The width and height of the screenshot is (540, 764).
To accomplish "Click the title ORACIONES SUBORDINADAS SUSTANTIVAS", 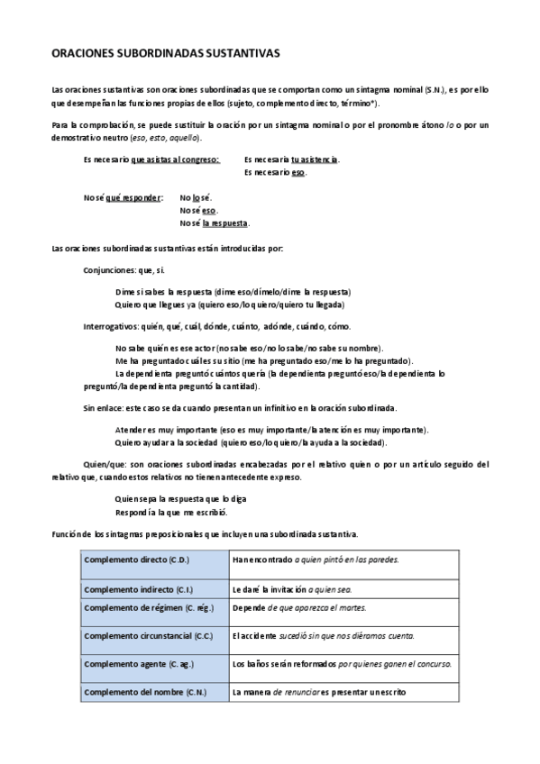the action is pyautogui.click(x=166, y=54).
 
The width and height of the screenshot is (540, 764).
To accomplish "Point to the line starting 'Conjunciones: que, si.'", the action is pyautogui.click(x=124, y=269).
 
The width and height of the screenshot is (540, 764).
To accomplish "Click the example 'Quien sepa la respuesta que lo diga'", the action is pyautogui.click(x=181, y=498).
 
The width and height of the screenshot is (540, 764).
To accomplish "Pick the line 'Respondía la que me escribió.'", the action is pyautogui.click(x=171, y=511).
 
